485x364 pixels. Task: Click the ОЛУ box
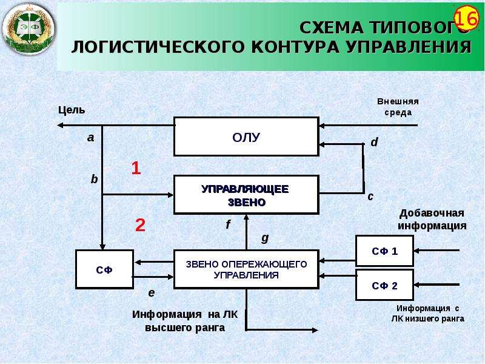(246, 136)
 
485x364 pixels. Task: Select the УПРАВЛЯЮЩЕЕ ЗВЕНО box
(246, 195)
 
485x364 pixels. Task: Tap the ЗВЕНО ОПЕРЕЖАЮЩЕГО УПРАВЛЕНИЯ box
(246, 269)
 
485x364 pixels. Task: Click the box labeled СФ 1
(384, 251)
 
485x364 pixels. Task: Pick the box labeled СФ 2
(384, 285)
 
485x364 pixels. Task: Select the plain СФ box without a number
(104, 269)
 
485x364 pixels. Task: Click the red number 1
(136, 169)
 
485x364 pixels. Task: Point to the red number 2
(140, 225)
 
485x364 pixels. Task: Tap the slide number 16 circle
(466, 19)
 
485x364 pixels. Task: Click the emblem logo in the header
(28, 29)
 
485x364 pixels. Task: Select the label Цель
(72, 110)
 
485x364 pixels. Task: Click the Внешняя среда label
(398, 107)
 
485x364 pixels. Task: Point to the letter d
(374, 142)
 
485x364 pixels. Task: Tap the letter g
(265, 238)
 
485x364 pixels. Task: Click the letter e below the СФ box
(151, 293)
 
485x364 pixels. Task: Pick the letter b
(94, 179)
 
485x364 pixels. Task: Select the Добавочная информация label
(432, 219)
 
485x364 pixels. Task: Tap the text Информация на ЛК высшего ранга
(185, 321)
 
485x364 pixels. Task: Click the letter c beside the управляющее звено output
(370, 197)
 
